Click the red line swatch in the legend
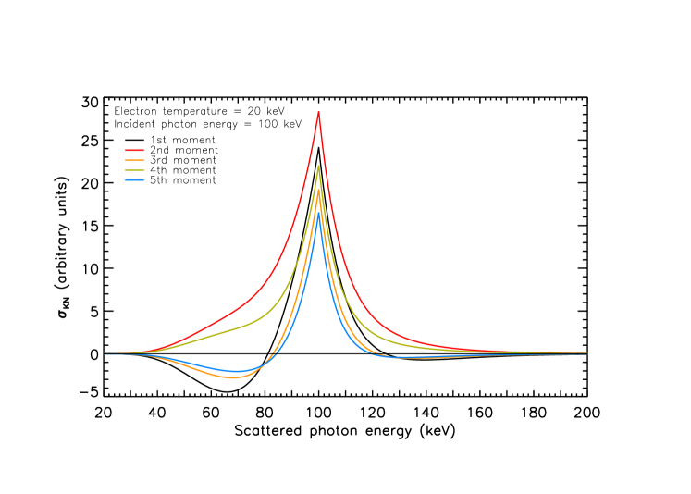[x=134, y=150]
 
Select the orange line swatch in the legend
[x=134, y=160]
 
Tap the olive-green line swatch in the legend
[x=134, y=170]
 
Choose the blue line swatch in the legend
[x=134, y=179]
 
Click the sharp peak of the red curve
[x=318, y=113]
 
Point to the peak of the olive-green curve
[x=318, y=167]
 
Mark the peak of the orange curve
[x=319, y=191]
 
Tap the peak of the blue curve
[x=319, y=215]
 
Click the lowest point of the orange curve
[x=233, y=377]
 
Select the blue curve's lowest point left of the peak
[x=238, y=372]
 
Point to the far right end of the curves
[x=586, y=353]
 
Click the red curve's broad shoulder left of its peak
[x=222, y=317]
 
